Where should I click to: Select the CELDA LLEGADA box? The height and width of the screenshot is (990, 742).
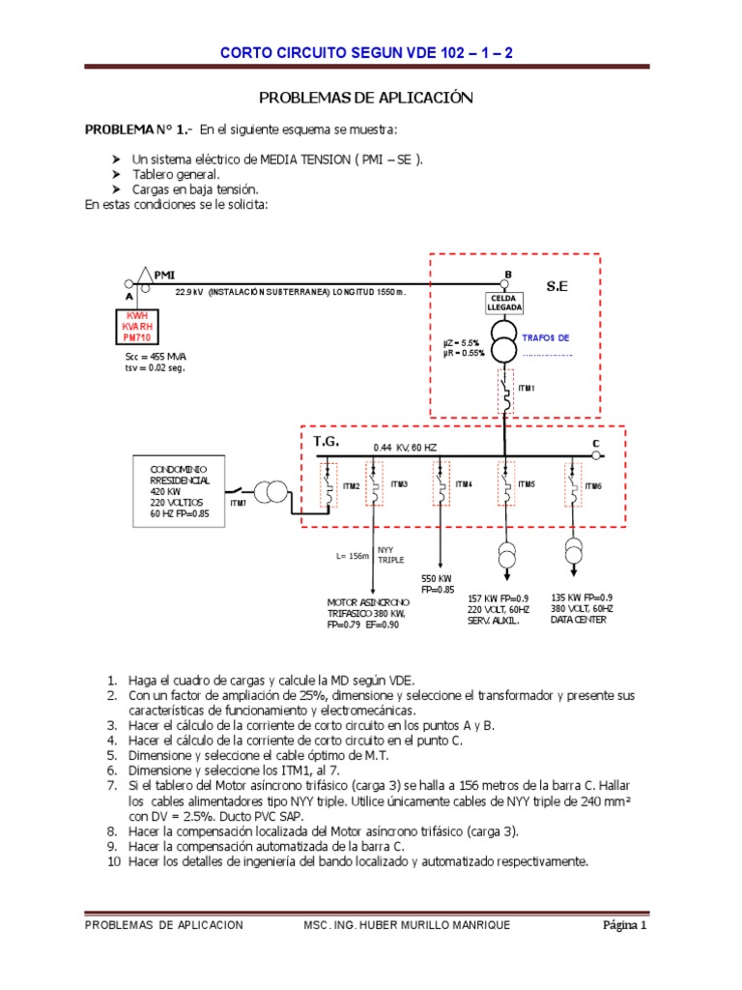point(504,302)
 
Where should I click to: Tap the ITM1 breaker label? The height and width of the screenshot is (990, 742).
point(527,388)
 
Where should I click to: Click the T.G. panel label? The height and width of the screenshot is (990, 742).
point(327,441)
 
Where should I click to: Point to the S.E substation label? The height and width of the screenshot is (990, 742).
point(558,287)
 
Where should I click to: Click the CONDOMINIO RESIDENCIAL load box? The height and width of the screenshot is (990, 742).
point(180,491)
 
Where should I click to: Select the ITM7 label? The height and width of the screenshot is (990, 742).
point(238,504)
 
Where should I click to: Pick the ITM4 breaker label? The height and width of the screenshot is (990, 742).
point(464,483)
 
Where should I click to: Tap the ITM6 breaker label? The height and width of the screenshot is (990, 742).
point(593,485)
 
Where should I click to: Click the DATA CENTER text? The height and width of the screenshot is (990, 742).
point(579,620)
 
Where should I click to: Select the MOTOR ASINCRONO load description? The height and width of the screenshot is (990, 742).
point(366,613)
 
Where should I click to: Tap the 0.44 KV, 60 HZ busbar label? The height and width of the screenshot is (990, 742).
point(405,448)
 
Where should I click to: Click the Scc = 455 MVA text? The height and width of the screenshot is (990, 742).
point(149,356)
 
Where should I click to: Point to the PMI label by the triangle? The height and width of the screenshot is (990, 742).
point(163,276)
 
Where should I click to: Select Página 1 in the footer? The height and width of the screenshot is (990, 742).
point(624,925)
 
